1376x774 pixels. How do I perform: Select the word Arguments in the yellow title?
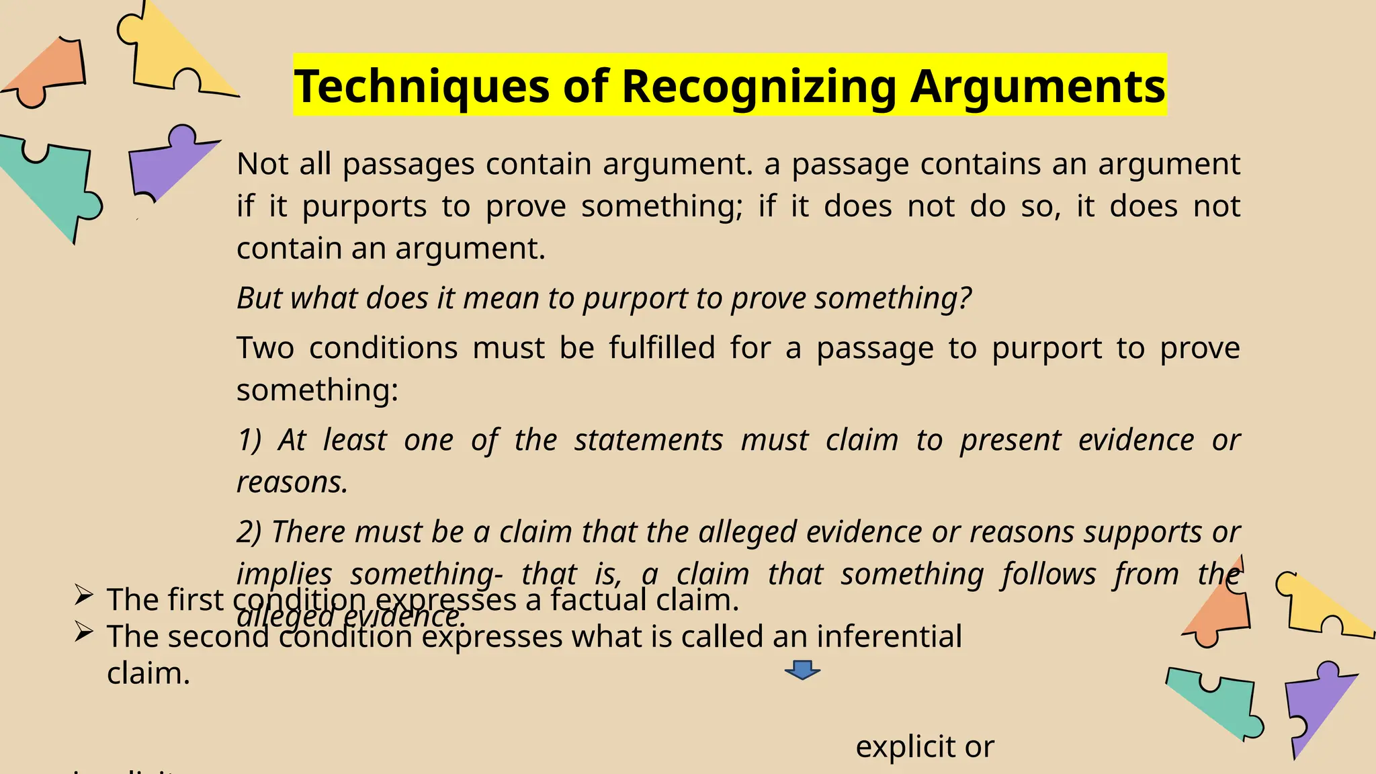[x=1037, y=87]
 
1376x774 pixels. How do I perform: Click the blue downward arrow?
[x=802, y=670]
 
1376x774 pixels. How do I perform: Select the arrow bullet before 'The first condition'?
[x=83, y=595]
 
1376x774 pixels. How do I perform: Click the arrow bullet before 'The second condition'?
[x=83, y=632]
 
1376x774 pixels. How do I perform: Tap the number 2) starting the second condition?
[x=249, y=532]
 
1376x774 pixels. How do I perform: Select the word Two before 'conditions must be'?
[x=265, y=348]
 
